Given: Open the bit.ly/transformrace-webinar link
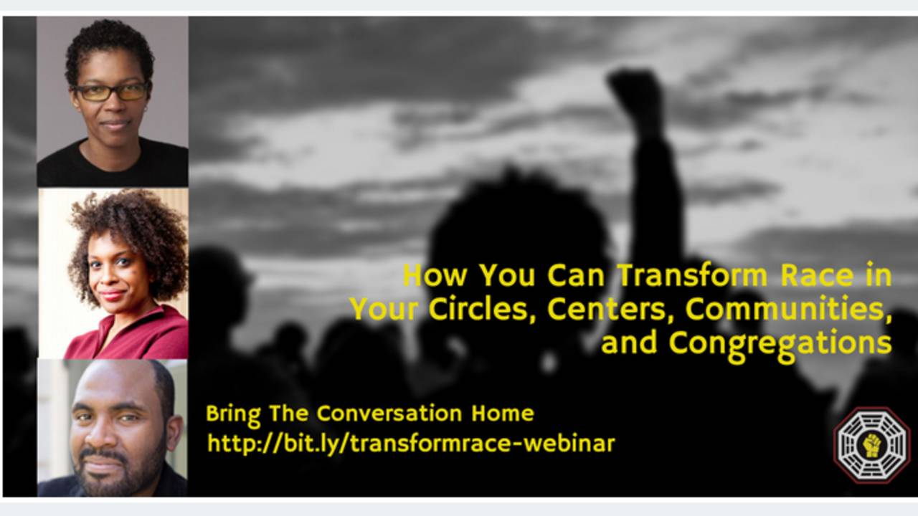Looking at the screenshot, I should [x=410, y=444].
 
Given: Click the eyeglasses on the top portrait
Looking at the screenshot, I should [x=112, y=92].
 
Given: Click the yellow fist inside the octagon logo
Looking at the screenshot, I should [x=871, y=446].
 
